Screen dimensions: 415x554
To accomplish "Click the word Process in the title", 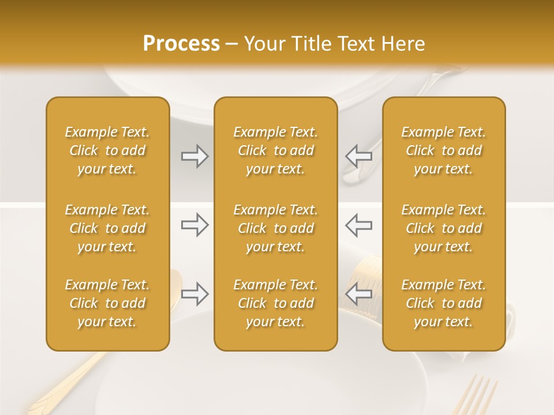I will point(181,44).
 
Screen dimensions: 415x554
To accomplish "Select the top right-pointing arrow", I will point(194,156).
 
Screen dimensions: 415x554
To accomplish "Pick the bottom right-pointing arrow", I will point(194,294).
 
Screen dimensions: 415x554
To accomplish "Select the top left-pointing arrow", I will point(358,156).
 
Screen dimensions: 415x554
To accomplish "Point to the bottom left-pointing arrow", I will point(358,294).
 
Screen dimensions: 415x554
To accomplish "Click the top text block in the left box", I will point(107,150).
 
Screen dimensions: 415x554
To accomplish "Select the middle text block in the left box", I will point(107,228).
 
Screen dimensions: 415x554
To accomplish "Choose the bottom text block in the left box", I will point(107,303).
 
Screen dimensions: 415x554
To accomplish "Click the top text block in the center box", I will point(276,150).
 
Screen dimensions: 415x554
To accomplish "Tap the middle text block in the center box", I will point(276,228).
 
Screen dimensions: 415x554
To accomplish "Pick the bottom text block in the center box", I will point(276,303).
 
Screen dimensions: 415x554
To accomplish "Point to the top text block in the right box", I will point(444,150).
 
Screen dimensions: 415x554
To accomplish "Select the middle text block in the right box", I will point(444,228).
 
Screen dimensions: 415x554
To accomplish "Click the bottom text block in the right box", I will point(444,303).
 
